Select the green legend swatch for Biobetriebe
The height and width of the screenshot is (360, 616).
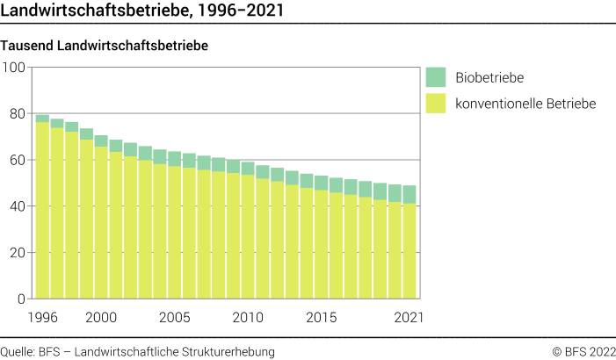[x=436, y=76]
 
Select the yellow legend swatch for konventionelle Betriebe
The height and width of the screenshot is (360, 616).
[x=436, y=104]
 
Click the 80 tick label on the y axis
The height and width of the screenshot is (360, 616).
[x=17, y=113]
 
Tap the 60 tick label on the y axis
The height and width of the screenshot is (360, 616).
[x=17, y=160]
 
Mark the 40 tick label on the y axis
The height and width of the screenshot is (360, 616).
[x=17, y=206]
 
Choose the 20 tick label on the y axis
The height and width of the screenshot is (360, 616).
[x=17, y=253]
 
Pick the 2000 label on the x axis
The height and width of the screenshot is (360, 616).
[x=101, y=316]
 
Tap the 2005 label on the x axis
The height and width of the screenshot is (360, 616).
[x=175, y=316]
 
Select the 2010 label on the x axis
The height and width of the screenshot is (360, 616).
[x=248, y=316]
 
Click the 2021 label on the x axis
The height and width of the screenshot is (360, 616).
[x=409, y=316]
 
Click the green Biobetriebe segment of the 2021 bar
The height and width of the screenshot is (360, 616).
[x=409, y=194]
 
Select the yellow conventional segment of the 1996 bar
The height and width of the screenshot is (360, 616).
[x=42, y=211]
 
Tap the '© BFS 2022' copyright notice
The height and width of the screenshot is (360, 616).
[x=583, y=351]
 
